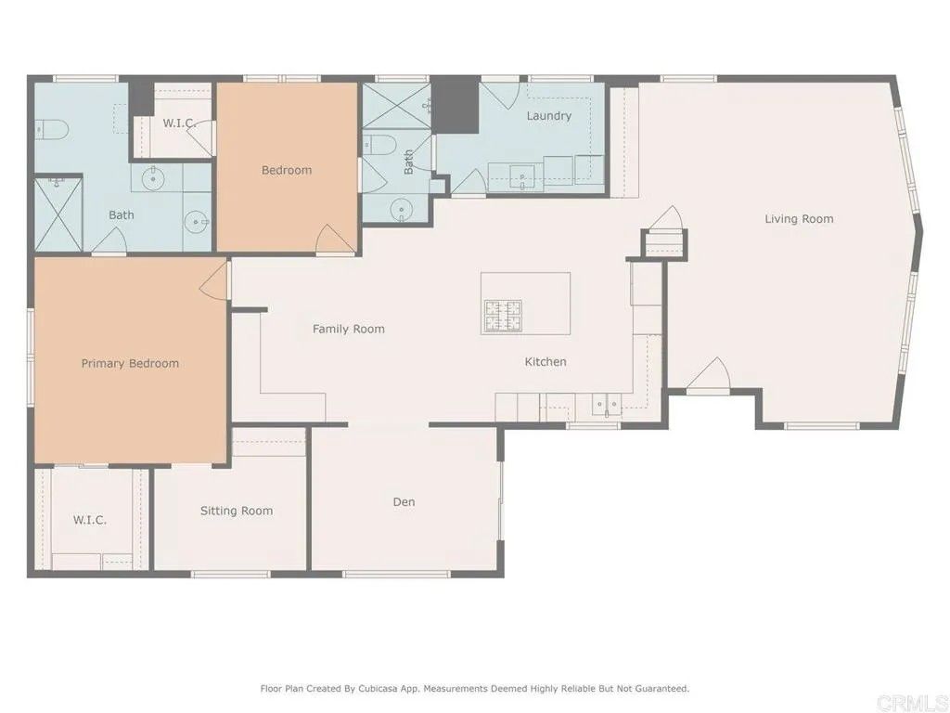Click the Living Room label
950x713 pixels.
[799, 219]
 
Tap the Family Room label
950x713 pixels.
[348, 329]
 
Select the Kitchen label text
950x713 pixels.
[546, 362]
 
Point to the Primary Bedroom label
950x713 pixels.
[130, 363]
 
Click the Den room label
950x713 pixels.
[404, 502]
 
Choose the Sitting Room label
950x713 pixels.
[237, 511]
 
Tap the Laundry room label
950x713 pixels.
[548, 116]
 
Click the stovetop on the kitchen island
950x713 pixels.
[502, 317]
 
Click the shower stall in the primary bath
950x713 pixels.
[58, 214]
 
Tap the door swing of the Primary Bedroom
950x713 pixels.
[216, 281]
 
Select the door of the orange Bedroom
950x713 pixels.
[334, 240]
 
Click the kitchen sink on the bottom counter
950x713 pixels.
[608, 404]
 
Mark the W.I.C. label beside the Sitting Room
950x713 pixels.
[90, 520]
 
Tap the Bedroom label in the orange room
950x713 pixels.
[286, 170]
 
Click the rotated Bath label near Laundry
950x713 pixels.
[409, 163]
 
